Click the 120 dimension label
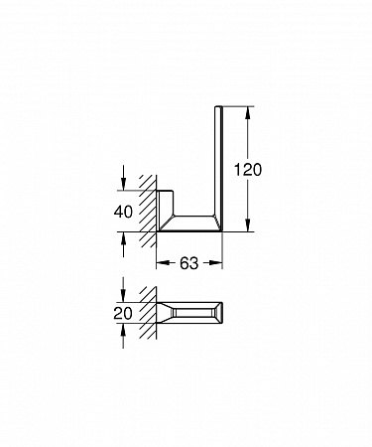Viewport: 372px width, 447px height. (248, 170)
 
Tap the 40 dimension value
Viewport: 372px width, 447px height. (123, 212)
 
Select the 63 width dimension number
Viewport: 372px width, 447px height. (189, 263)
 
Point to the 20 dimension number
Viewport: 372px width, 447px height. (123, 313)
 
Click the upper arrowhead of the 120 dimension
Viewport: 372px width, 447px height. (248, 113)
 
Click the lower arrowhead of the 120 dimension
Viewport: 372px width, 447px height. (248, 224)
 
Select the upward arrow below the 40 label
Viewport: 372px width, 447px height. (123, 244)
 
